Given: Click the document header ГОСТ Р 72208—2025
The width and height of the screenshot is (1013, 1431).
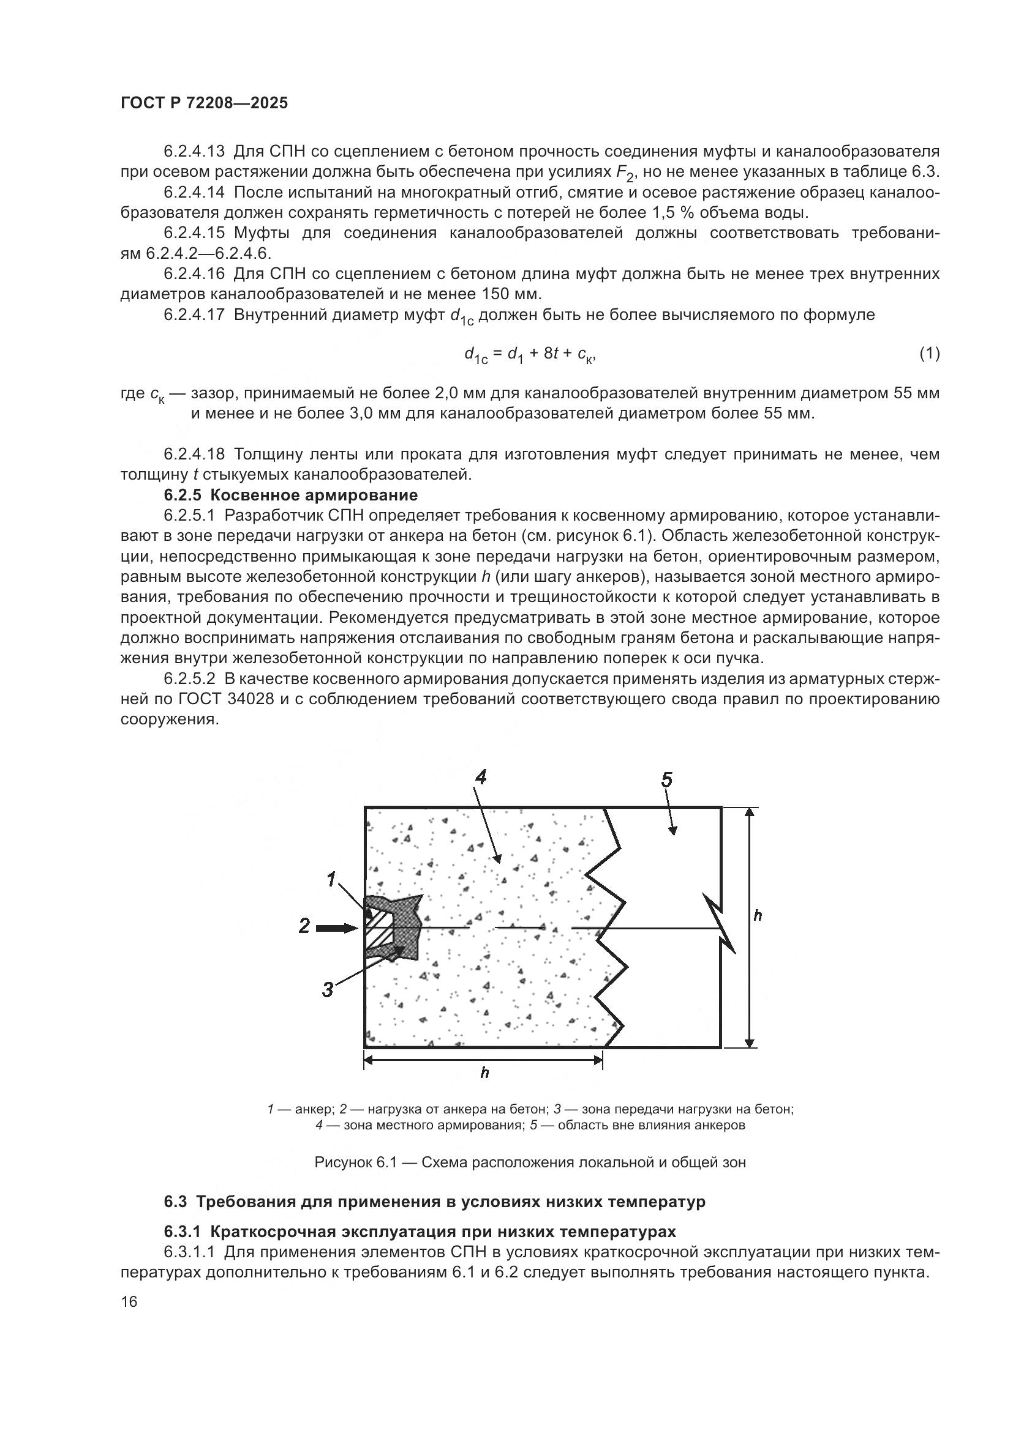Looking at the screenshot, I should pyautogui.click(x=204, y=103).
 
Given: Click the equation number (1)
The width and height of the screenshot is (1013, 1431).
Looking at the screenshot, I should pyautogui.click(x=929, y=354).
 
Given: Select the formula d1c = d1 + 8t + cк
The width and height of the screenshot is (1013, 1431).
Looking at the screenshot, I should pyautogui.click(x=530, y=355).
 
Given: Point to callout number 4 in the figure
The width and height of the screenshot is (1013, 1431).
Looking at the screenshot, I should pyautogui.click(x=480, y=777).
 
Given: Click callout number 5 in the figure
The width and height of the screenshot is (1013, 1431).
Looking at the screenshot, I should pyautogui.click(x=666, y=779).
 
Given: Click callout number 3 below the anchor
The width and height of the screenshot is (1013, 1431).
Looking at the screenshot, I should pyautogui.click(x=328, y=989).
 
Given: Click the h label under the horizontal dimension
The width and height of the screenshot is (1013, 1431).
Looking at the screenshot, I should pyautogui.click(x=484, y=1073).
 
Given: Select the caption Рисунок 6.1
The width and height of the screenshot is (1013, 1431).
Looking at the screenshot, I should pyautogui.click(x=530, y=1162).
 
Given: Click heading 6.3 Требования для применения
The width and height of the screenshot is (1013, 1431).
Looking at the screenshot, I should pyautogui.click(x=435, y=1202).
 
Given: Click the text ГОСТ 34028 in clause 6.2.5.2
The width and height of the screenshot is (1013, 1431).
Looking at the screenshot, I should pyautogui.click(x=227, y=699).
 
